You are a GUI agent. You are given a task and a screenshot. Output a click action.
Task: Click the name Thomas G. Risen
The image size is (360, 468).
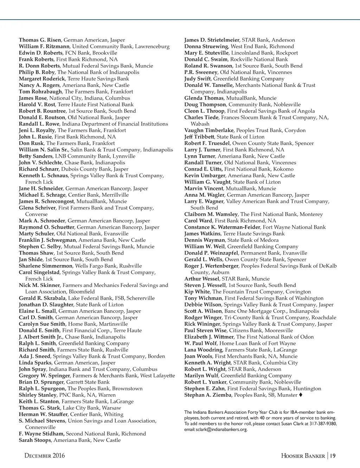tap(40, 40)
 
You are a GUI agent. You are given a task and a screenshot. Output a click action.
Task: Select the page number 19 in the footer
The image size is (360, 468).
tap(333, 456)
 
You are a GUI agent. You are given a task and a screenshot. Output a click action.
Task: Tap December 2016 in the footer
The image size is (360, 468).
tap(45, 456)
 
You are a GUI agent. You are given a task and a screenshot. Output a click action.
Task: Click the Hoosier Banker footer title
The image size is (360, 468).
tap(303, 456)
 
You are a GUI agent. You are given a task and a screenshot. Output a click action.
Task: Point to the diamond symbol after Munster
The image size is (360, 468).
tap(301, 395)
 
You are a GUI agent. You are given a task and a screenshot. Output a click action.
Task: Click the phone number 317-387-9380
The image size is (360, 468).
tap(322, 424)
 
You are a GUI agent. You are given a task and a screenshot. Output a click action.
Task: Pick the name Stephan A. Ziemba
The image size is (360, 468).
tap(208, 395)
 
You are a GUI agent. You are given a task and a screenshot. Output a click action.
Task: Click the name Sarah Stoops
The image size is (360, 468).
tap(35, 440)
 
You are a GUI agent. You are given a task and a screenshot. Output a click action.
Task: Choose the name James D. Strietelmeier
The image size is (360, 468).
tap(211, 40)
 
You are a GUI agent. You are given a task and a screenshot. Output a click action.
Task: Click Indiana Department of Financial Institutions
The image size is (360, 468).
tap(115, 124)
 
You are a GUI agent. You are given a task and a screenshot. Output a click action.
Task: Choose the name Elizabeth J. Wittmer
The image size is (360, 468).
tap(209, 337)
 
